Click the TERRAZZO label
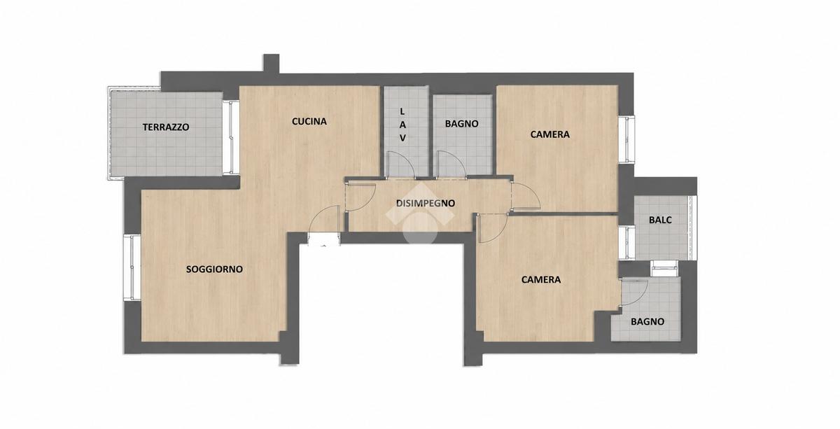tap(166, 127)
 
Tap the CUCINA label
tap(309, 122)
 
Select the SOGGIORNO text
tap(214, 269)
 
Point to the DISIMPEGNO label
tap(426, 203)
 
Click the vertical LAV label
tap(402, 125)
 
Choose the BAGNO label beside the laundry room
tap(461, 124)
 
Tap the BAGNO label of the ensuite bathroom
tap(647, 322)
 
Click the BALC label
tap(660, 220)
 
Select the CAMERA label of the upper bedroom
tap(550, 134)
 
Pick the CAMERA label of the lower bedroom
tap(541, 280)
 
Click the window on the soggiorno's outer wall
tap(133, 267)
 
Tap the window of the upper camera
tap(626, 139)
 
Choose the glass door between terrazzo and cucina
tap(232, 137)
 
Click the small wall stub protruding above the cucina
tap(271, 64)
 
